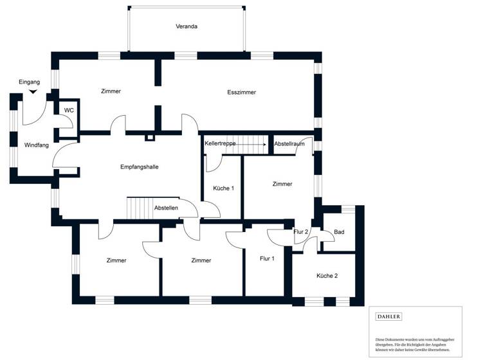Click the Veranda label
187,27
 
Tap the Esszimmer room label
242,93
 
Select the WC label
69,111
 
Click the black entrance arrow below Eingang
33,91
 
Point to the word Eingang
30,82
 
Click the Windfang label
37,145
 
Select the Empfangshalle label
140,167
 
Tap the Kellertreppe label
221,144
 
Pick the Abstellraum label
289,144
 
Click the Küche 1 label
223,188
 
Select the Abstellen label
166,208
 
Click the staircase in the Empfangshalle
138,208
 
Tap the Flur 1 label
267,259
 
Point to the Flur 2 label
301,232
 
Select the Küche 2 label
327,276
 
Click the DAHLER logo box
389,316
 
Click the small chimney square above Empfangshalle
149,137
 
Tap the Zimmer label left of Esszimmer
111,91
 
